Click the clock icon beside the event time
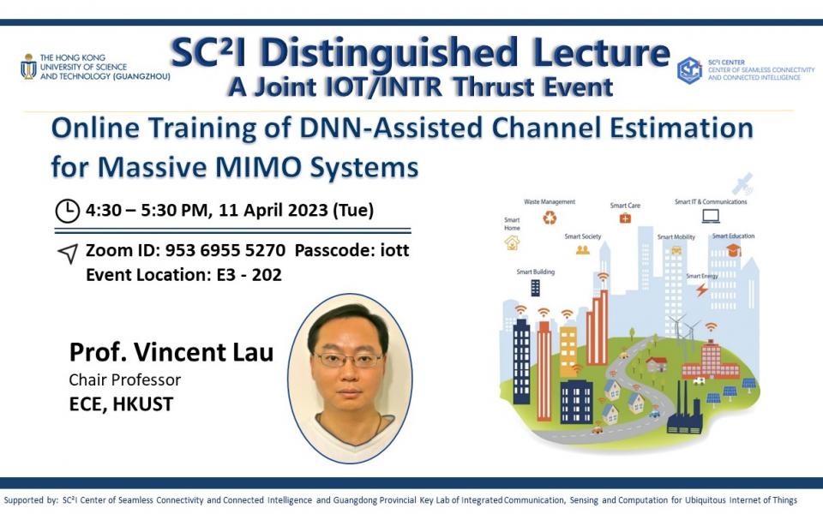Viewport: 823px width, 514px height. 67,210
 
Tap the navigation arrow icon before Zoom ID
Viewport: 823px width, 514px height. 67,254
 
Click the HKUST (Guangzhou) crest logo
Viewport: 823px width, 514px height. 28,67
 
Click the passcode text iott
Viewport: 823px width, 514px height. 393,252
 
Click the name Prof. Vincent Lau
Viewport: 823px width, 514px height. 171,352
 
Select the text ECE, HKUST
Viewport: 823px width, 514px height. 121,404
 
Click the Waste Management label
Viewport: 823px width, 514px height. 550,202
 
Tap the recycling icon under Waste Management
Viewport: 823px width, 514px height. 550,218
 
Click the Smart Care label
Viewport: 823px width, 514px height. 625,206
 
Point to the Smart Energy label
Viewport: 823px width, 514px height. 702,276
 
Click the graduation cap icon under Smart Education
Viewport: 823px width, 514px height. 733,250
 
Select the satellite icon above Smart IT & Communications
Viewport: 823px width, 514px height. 743,183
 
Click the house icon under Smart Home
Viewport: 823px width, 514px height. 512,242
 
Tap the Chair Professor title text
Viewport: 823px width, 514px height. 125,380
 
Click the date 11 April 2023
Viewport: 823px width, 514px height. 265,210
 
